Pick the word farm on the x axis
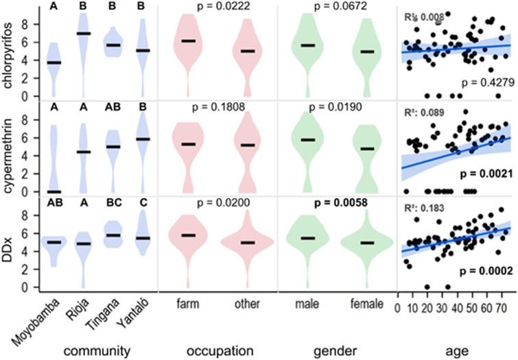click(187, 302)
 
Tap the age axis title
click(456, 350)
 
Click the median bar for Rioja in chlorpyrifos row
click(83, 34)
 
